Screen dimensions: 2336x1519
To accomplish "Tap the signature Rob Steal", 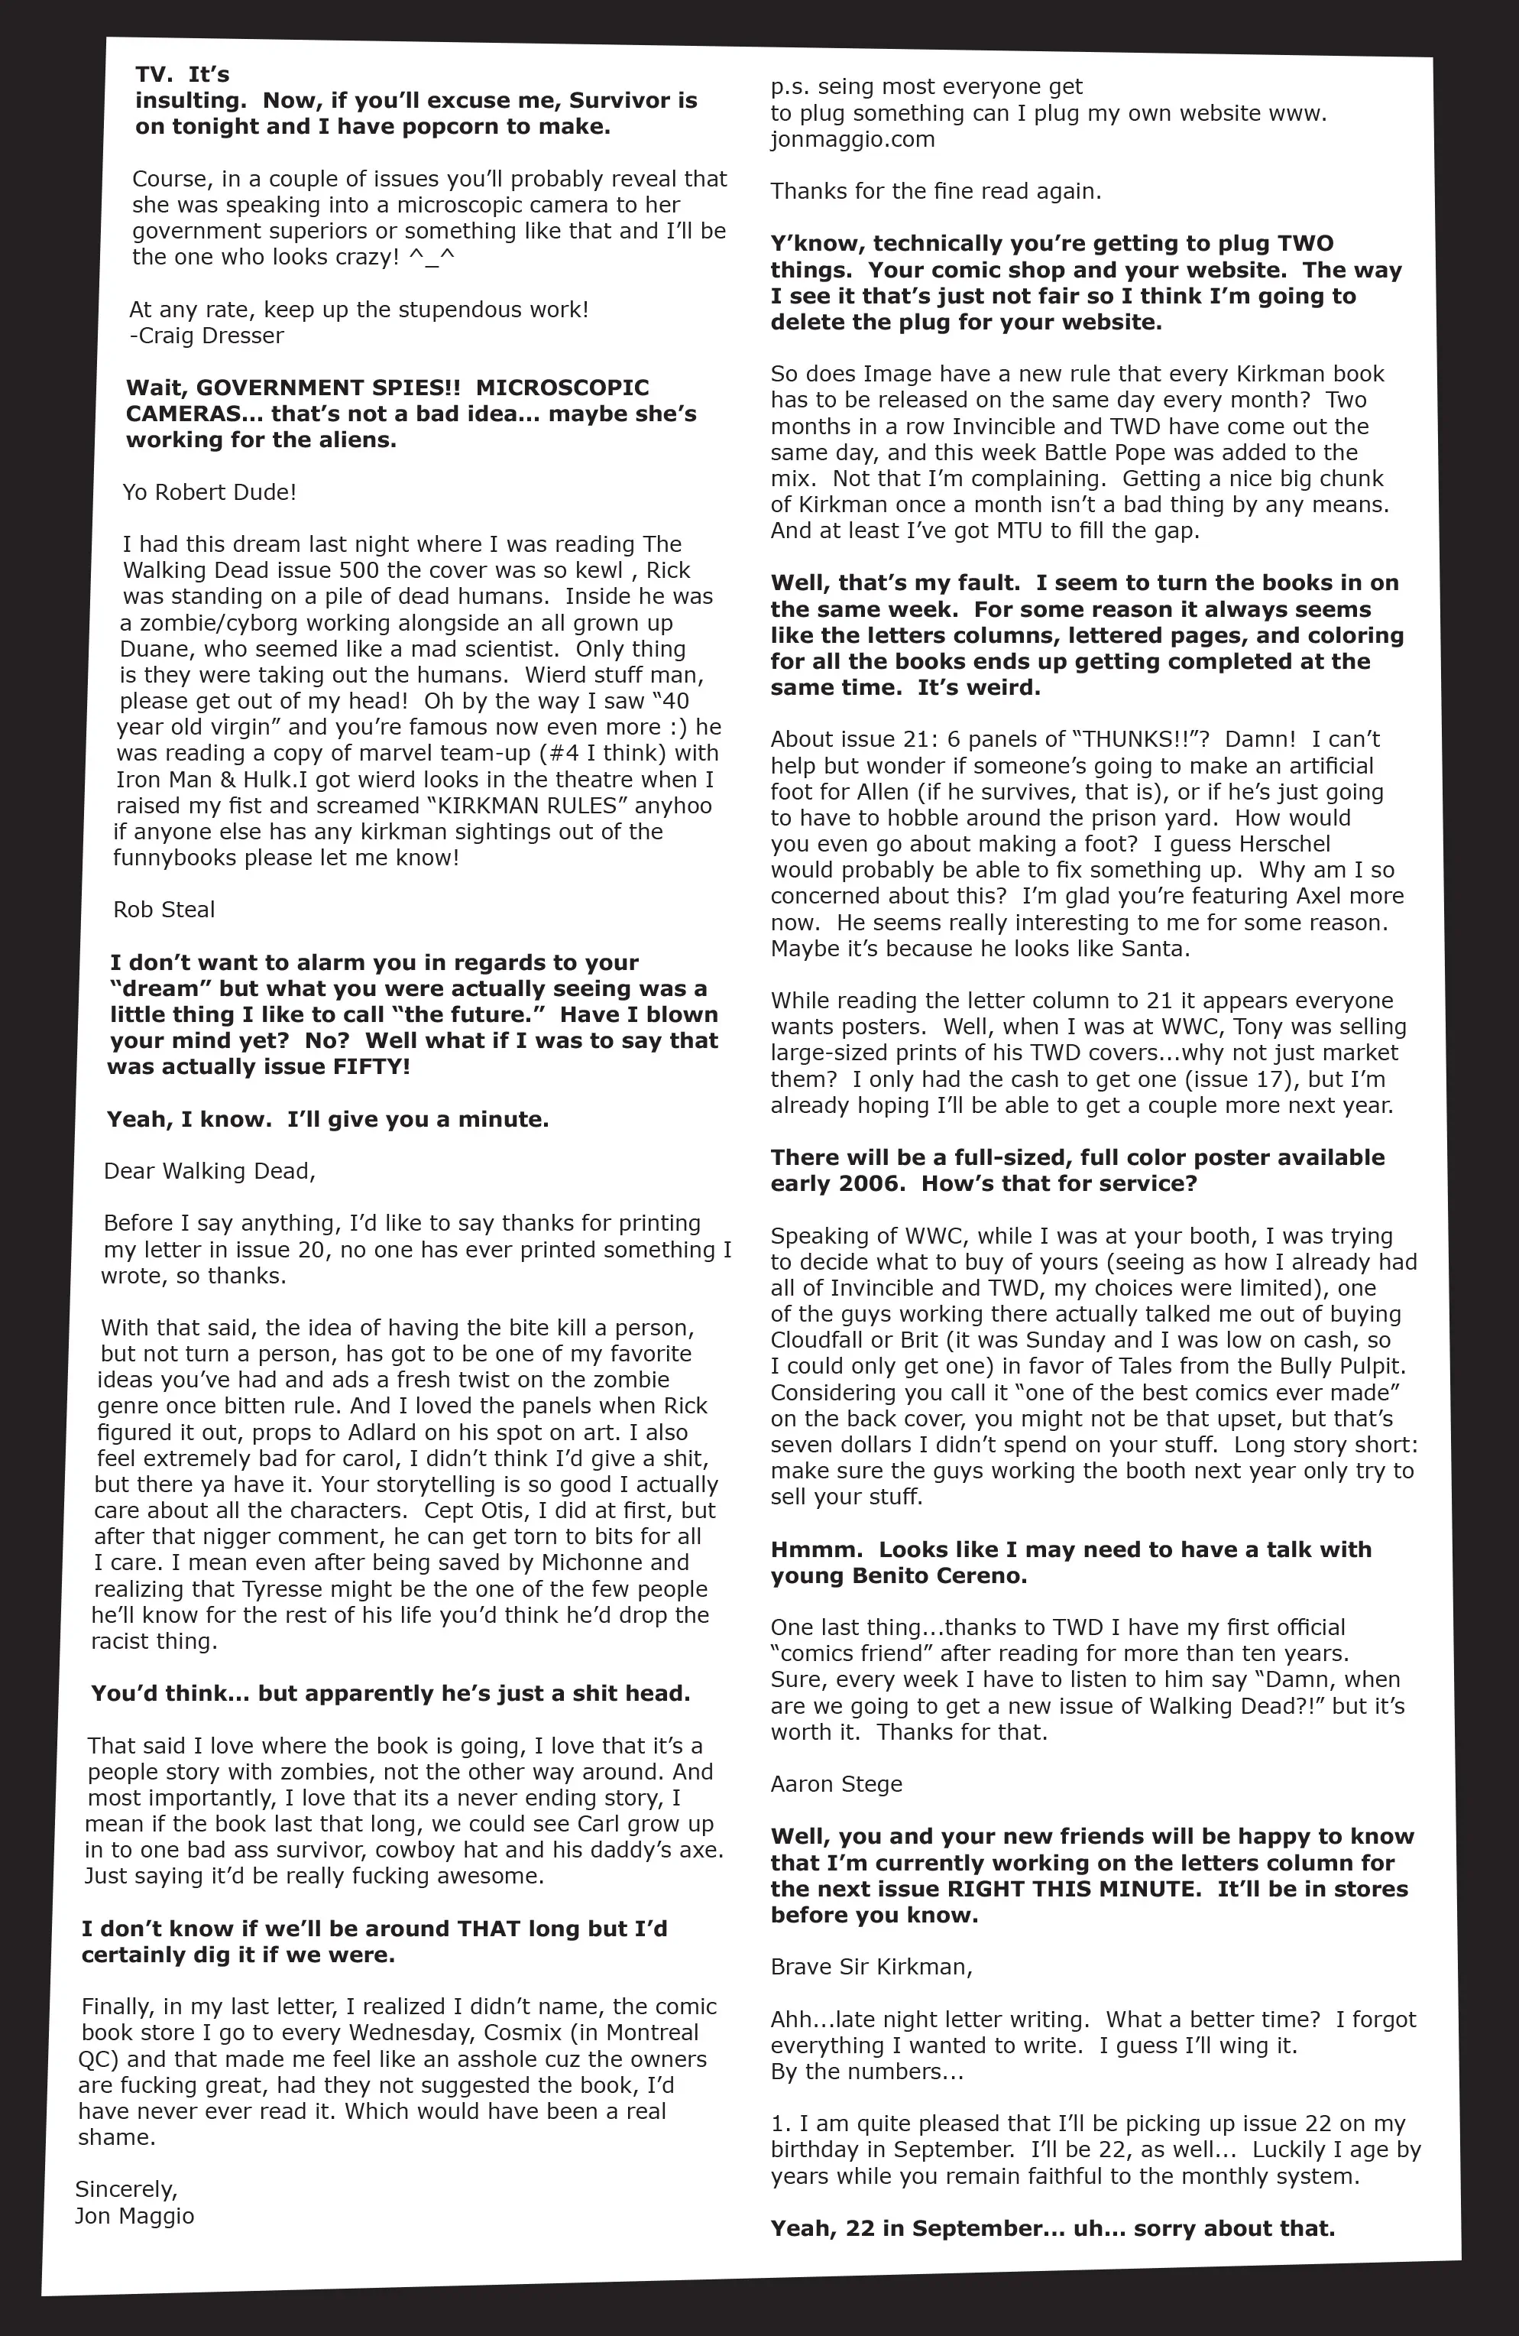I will (x=164, y=910).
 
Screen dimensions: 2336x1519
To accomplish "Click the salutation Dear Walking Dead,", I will (x=209, y=1171).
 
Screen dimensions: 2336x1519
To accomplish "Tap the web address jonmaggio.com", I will (x=852, y=139).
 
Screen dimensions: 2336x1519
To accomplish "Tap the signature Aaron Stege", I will (x=836, y=1784).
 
